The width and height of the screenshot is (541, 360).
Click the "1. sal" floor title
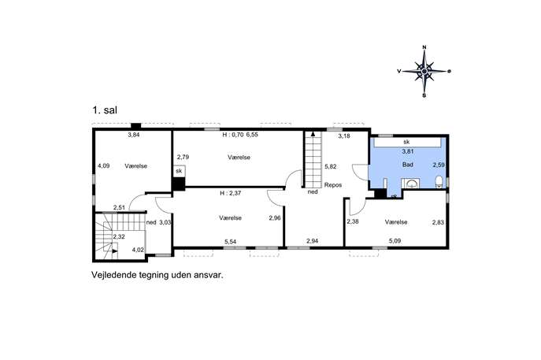click(105, 110)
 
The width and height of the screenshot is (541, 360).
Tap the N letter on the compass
click(424, 47)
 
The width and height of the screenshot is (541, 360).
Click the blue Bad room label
click(407, 165)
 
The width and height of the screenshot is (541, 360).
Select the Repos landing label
click(333, 185)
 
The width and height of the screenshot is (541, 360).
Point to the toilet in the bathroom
click(439, 181)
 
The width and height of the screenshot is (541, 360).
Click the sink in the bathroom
click(411, 184)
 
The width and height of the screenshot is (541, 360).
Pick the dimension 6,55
click(252, 135)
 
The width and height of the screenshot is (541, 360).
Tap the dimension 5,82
click(331, 166)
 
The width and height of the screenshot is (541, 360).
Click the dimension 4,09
click(103, 165)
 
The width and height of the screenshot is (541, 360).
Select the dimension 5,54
click(230, 242)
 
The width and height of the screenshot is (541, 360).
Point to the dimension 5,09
click(395, 241)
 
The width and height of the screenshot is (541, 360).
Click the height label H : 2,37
click(231, 193)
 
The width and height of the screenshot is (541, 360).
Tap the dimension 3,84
click(134, 135)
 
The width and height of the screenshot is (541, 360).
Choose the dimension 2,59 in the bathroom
click(439, 165)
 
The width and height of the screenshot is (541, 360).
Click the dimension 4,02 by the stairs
click(138, 250)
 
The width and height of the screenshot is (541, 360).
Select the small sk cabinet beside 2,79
click(179, 171)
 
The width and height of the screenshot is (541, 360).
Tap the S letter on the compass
click(424, 95)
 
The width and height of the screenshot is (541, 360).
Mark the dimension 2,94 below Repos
click(313, 241)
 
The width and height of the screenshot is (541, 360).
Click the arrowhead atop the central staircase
click(313, 133)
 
